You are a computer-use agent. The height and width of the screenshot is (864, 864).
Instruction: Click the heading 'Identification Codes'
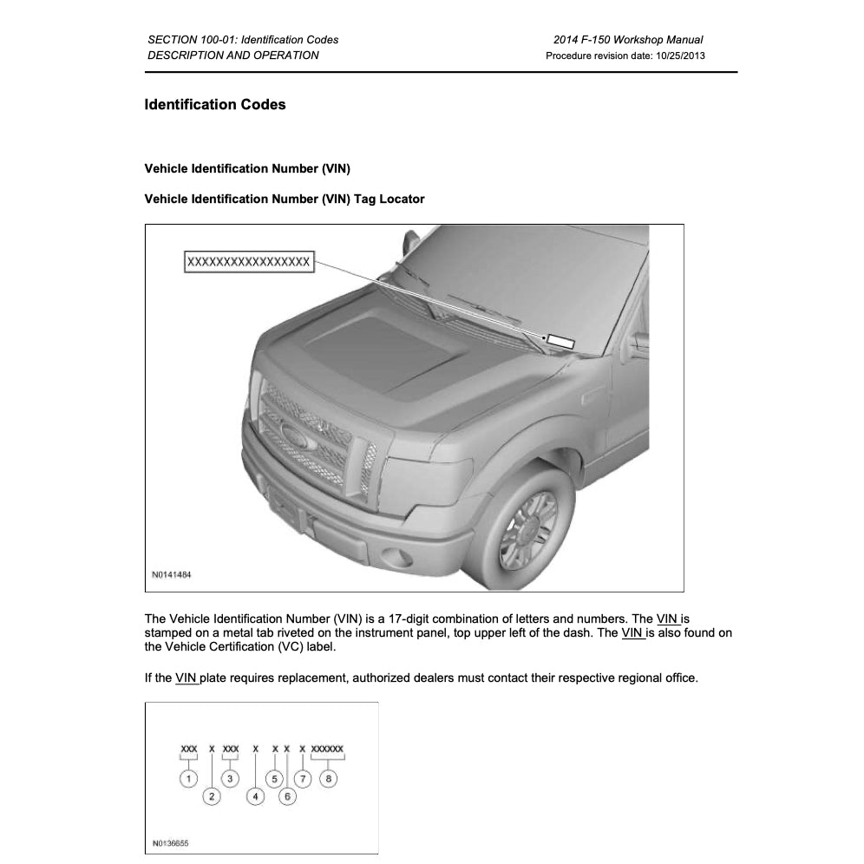(x=215, y=105)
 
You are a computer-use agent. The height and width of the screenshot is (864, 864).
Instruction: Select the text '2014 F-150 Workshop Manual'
(x=627, y=40)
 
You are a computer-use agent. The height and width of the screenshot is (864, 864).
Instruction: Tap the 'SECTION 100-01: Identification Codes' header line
(x=243, y=40)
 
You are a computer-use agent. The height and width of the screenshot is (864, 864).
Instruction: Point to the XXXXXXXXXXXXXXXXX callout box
(x=249, y=262)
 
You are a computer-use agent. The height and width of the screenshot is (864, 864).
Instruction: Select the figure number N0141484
(x=172, y=575)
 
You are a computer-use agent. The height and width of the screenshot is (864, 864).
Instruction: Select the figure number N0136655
(x=171, y=842)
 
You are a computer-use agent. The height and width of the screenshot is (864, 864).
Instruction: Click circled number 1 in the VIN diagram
(x=188, y=778)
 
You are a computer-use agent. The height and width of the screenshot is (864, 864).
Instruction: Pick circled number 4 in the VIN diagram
(x=255, y=795)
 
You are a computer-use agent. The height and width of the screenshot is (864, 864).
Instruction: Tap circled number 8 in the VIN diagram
(x=328, y=778)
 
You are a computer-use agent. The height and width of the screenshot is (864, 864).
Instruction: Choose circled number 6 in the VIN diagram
(x=287, y=795)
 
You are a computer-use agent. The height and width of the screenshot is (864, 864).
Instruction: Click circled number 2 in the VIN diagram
(x=212, y=795)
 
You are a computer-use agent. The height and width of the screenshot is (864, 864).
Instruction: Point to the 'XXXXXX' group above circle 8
(x=328, y=747)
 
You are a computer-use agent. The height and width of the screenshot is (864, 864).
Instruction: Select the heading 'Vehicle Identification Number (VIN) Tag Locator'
(x=285, y=199)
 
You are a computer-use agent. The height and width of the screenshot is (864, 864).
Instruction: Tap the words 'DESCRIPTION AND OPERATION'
(x=233, y=56)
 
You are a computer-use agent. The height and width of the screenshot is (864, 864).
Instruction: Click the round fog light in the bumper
(x=396, y=556)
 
